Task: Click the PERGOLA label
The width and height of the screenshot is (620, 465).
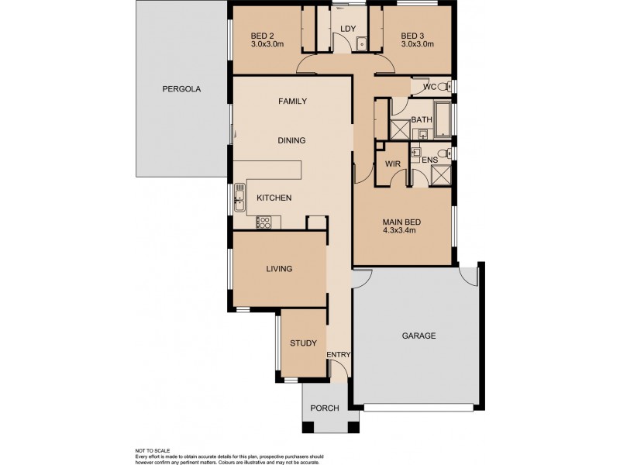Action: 181,89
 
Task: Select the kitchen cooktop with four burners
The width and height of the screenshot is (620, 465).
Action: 264,222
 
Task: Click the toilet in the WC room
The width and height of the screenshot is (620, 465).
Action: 446,87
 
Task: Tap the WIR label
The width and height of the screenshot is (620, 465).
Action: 391,164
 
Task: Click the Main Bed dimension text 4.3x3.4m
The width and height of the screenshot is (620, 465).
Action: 401,230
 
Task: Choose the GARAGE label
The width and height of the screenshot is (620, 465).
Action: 418,336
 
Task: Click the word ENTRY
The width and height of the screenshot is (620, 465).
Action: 339,355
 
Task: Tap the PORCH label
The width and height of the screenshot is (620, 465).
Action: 324,408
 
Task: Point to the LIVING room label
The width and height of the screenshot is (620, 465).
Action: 279,269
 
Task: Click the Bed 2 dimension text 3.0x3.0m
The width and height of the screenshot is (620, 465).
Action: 267,44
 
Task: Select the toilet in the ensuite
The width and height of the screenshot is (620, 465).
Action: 443,151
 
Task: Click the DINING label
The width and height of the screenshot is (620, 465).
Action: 292,140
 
